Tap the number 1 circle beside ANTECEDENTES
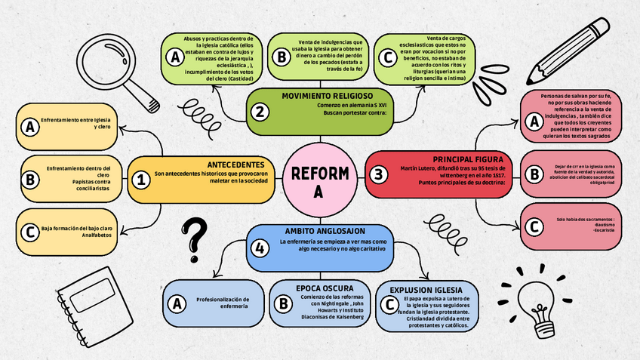[x=140, y=180]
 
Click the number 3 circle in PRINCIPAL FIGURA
[x=378, y=174]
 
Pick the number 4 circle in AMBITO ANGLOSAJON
[x=260, y=247]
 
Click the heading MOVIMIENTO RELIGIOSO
[x=327, y=96]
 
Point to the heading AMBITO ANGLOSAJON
[x=325, y=230]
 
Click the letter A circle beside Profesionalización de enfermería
[x=177, y=303]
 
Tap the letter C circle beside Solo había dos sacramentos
[x=534, y=226]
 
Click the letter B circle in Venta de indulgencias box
[x=281, y=57]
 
